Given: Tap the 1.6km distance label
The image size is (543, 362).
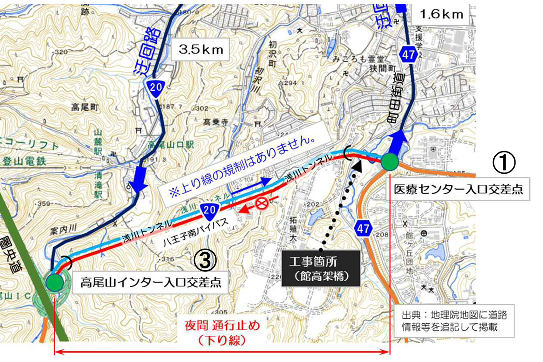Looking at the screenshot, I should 441,14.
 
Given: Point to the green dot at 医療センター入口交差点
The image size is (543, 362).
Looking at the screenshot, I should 390,162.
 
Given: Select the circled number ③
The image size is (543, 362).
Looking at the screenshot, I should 205,260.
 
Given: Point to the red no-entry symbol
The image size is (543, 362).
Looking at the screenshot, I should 261,203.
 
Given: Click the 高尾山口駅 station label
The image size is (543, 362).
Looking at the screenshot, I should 164,144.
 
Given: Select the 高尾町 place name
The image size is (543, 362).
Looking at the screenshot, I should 86,106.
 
